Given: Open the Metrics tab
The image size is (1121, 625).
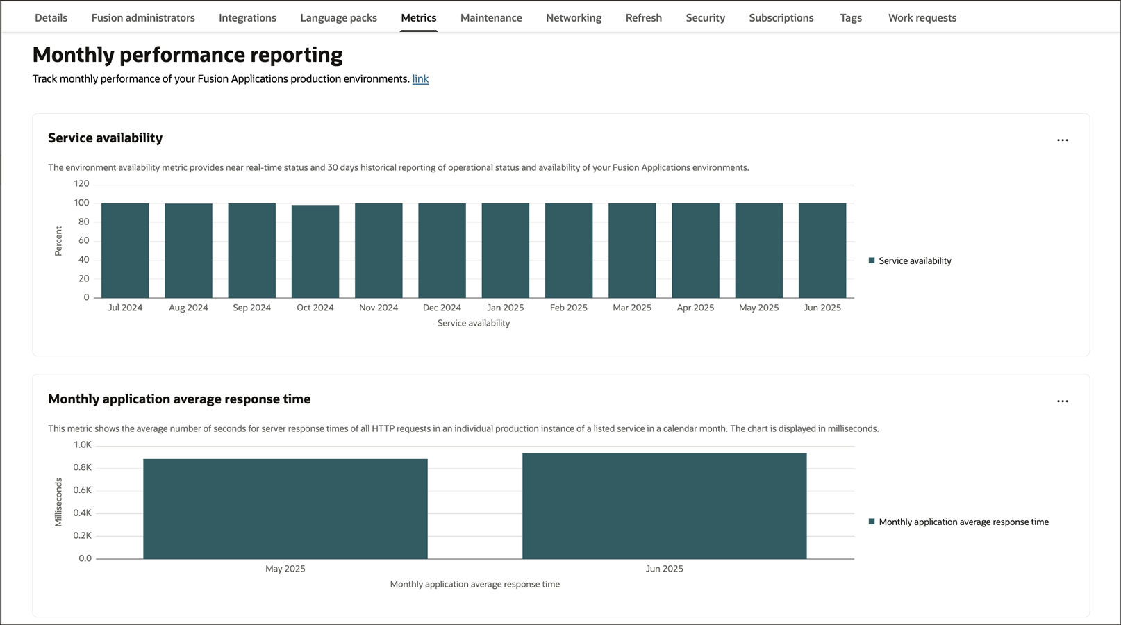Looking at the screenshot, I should pos(419,18).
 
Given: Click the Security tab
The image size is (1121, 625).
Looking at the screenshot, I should pos(705,18).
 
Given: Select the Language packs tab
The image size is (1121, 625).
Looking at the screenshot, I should pos(338,18).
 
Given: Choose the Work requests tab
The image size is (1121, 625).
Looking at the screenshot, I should pos(922,18).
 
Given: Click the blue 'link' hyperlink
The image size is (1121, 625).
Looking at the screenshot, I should pos(420,79).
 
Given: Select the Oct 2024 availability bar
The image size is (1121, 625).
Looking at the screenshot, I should pos(315,251).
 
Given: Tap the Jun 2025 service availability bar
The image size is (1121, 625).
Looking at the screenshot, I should pos(822,250).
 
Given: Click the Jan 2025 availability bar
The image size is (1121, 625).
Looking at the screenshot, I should pos(505,250).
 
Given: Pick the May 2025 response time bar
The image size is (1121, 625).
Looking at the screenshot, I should pos(285,508).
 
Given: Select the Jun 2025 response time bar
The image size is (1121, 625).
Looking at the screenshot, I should pos(665,506).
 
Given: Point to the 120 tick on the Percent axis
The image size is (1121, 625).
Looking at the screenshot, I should pos(82,184).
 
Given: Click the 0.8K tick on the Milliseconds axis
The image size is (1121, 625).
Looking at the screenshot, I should pos(83,467).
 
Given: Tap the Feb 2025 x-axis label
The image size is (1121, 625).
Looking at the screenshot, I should pos(568,308).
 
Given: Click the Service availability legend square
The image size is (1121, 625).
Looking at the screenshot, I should pos(872,260).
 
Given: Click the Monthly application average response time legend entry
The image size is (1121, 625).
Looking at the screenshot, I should pos(963,522).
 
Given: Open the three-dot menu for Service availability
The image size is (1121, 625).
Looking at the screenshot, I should pos(1062,140).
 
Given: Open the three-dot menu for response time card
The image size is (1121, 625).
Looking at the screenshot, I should pos(1062,401).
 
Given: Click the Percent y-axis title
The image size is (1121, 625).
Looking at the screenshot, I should pos(58,241).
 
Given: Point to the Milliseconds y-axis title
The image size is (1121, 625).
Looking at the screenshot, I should pos(58,502).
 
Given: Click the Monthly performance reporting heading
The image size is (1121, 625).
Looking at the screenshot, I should pos(188,55).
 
